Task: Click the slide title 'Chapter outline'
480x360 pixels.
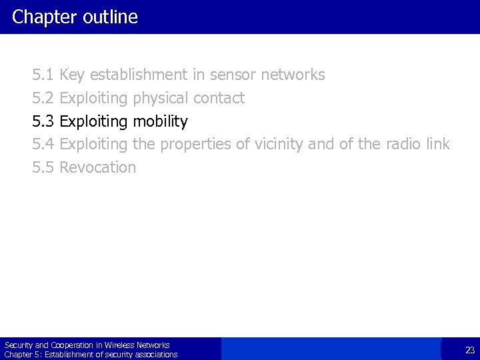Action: click(75, 17)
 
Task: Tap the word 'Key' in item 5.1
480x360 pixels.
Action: click(72, 75)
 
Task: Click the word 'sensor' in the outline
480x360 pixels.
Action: click(235, 75)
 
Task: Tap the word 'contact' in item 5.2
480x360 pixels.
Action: click(219, 98)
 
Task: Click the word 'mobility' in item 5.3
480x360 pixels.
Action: click(160, 121)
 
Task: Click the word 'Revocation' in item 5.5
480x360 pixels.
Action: click(97, 167)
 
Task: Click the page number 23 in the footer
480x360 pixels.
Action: click(469, 350)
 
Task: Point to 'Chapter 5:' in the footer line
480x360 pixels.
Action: click(19, 355)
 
